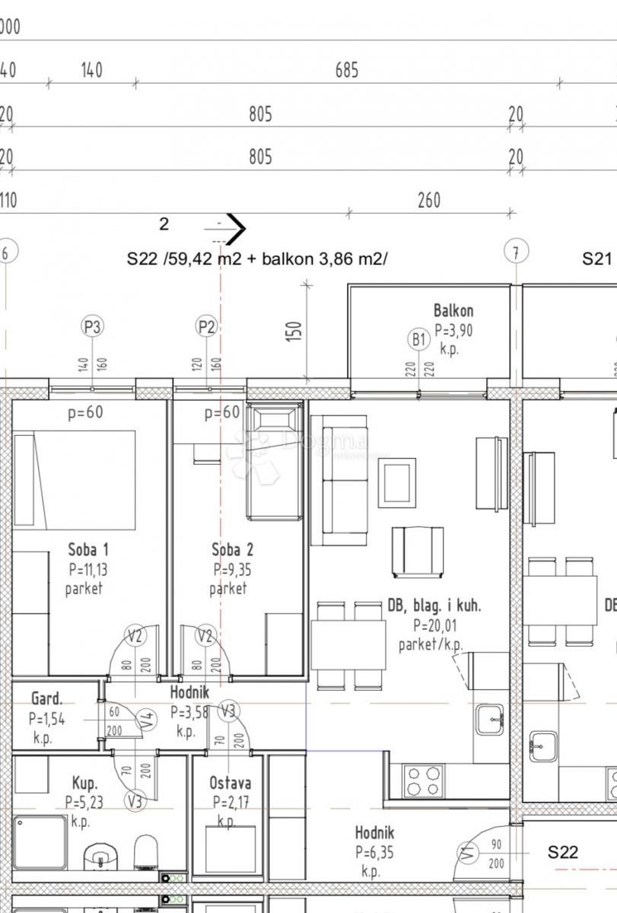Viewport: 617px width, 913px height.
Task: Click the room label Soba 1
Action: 88,549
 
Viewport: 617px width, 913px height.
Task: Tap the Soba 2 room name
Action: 232,549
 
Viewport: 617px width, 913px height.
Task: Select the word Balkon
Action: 453,310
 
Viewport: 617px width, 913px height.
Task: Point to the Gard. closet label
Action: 47,698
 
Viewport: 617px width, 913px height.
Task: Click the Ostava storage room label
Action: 230,783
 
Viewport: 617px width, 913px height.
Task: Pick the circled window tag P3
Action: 92,327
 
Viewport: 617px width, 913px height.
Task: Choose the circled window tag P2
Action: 207,327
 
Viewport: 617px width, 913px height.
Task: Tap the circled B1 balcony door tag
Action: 418,340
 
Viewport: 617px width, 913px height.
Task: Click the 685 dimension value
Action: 346,71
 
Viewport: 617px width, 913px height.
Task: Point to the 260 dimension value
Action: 429,201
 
